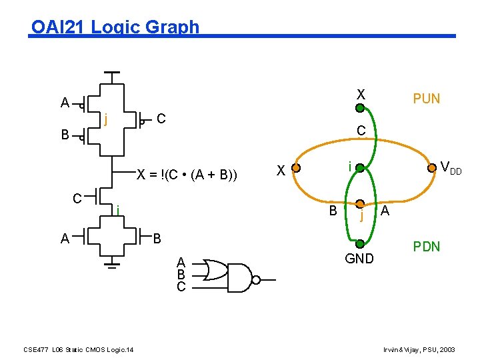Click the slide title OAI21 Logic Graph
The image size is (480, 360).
coord(115,27)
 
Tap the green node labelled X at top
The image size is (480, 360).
coord(360,107)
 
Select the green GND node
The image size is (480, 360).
coord(360,245)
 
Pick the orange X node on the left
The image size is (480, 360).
coord(297,168)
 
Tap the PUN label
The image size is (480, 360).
coord(426,99)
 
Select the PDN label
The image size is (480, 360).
coord(426,247)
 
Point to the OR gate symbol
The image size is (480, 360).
coord(215,270)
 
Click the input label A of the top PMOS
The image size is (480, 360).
coord(65,103)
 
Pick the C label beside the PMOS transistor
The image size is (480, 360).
coord(161,119)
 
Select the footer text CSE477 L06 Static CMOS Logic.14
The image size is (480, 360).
coord(78,349)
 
